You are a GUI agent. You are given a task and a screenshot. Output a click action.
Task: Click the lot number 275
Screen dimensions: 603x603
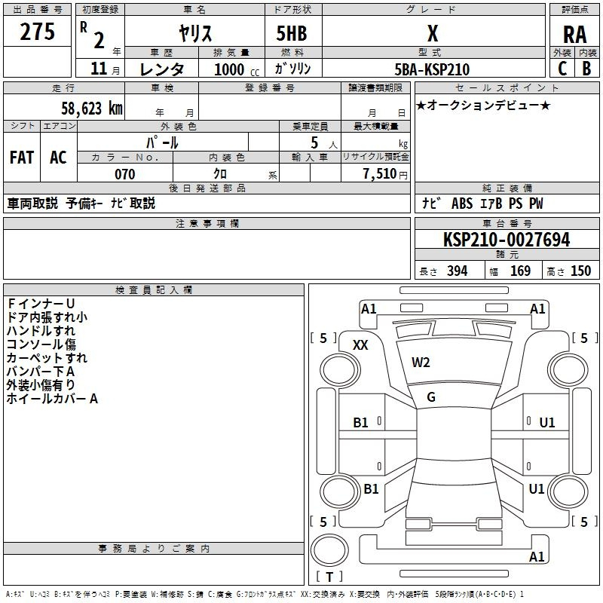click(37, 32)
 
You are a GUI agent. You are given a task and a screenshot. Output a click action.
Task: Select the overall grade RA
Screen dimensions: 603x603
click(574, 35)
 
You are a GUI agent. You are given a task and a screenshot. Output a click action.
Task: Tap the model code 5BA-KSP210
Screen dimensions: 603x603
click(432, 69)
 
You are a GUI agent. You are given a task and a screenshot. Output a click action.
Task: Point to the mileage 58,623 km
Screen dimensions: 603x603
click(92, 109)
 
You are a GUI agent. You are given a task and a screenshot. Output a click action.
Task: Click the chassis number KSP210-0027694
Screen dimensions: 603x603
click(507, 240)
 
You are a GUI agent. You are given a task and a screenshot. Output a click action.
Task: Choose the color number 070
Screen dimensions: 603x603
click(125, 174)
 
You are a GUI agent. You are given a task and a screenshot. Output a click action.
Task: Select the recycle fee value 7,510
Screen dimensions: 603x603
click(380, 174)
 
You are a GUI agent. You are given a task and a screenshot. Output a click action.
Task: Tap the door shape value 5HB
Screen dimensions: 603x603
click(292, 33)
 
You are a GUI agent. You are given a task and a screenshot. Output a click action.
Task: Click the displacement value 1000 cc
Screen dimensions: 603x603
click(237, 69)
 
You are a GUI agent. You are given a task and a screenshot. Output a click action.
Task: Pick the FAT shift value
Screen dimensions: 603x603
click(22, 158)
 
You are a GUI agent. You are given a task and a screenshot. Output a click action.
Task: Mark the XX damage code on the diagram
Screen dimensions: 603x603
click(360, 345)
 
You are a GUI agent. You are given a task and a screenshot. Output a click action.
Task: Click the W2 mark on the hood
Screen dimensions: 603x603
click(421, 363)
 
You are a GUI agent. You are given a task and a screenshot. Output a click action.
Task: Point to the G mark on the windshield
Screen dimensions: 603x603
click(431, 397)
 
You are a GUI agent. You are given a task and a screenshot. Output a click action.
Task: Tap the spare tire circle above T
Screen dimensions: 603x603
click(329, 550)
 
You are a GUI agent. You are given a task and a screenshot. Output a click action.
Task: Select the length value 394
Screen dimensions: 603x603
click(457, 271)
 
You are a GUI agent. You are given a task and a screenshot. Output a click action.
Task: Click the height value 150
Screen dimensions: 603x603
click(580, 271)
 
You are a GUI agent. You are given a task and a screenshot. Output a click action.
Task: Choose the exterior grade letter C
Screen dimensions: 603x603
click(562, 69)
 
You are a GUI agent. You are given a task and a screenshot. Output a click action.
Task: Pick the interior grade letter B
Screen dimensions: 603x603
click(586, 69)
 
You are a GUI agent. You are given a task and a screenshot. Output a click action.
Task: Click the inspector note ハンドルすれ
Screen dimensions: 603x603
click(41, 331)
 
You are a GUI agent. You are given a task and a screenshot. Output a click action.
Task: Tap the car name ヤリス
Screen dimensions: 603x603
click(195, 33)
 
